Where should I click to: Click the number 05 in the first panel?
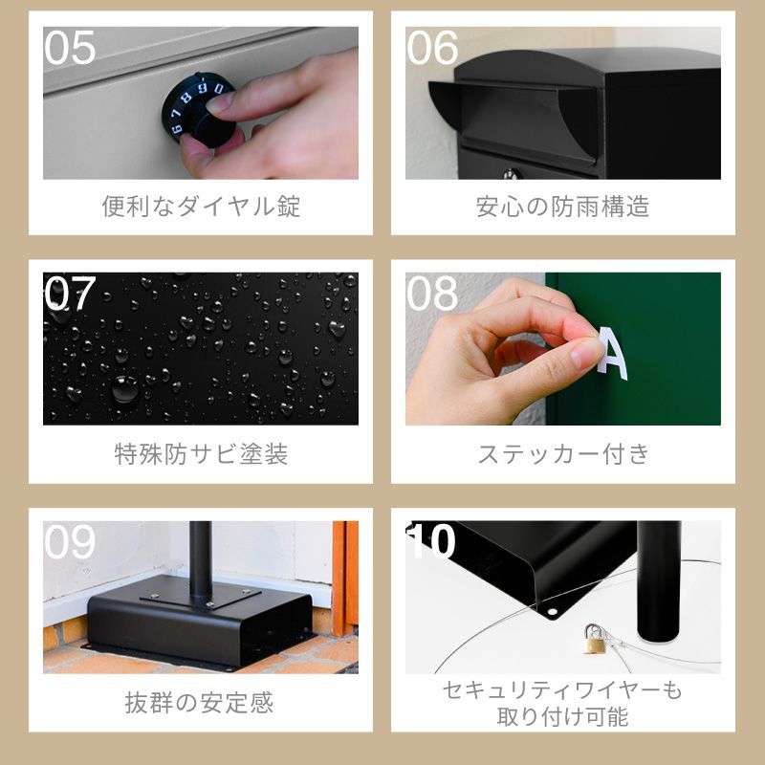[x=70, y=47]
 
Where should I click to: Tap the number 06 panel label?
[x=432, y=47]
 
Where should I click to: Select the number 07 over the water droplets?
[x=70, y=293]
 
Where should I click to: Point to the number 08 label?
[x=432, y=293]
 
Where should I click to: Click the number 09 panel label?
[x=70, y=541]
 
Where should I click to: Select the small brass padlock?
[x=595, y=638]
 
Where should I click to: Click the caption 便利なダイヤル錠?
[x=201, y=206]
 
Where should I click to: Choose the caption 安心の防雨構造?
[x=563, y=206]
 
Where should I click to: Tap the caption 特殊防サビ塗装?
[x=201, y=453]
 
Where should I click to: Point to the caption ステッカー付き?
[x=563, y=453]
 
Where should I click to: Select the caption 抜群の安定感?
[x=199, y=703]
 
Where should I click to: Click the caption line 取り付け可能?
[x=563, y=716]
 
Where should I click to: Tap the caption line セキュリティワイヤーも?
[x=562, y=690]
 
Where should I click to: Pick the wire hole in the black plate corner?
[x=553, y=611]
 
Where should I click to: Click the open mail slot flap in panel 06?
[x=513, y=117]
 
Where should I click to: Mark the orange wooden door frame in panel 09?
[x=345, y=579]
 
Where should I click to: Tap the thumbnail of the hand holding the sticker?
[x=563, y=348]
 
